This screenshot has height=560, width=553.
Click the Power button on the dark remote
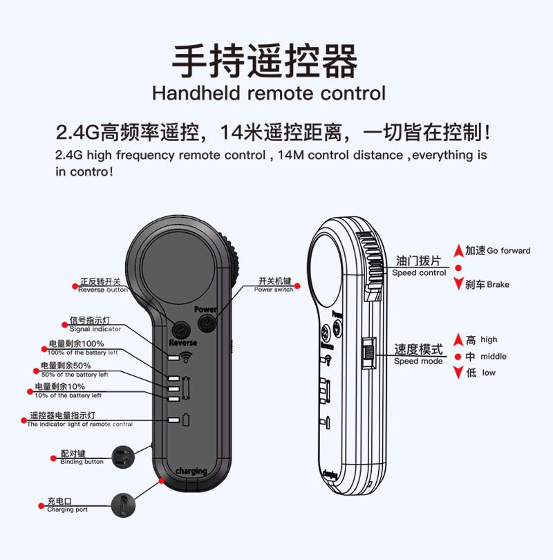click(x=207, y=324)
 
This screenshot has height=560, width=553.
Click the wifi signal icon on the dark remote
click(x=186, y=357)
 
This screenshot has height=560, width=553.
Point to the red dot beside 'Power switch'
click(x=297, y=286)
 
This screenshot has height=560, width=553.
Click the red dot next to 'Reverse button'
click(x=75, y=286)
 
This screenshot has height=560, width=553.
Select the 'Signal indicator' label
click(x=95, y=329)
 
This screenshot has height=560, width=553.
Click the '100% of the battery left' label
click(x=82, y=353)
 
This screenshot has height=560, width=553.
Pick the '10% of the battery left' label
click(x=68, y=395)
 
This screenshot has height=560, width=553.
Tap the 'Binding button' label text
click(x=82, y=462)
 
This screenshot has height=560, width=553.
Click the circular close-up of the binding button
click(x=123, y=457)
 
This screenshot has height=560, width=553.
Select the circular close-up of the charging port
click(x=123, y=505)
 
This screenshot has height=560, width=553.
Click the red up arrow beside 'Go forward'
click(x=458, y=251)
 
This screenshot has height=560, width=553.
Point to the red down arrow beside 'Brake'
click(x=458, y=284)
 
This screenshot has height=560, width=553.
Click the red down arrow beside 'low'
click(x=458, y=373)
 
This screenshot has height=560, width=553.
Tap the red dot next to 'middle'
click(x=458, y=356)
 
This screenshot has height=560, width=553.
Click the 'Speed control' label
click(x=419, y=273)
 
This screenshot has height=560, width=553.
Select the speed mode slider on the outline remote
click(x=369, y=353)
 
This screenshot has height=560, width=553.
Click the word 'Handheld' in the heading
click(x=196, y=93)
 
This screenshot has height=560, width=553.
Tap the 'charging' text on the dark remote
click(x=191, y=471)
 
